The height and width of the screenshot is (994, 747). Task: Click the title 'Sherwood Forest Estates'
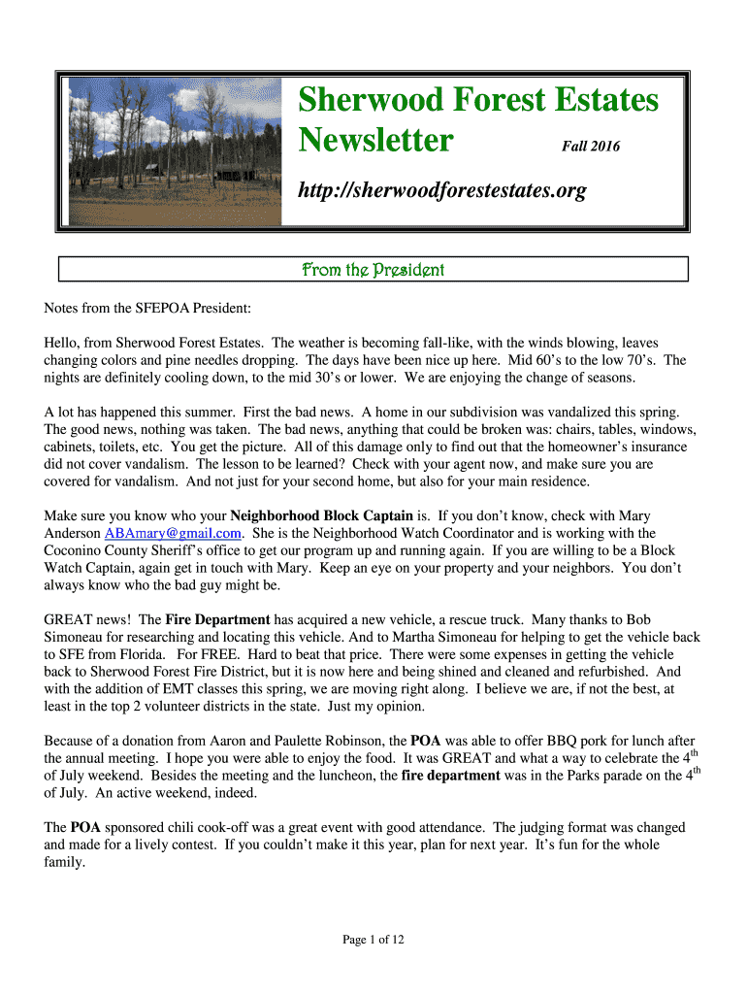tap(477, 100)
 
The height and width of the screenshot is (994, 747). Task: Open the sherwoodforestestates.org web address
tap(440, 190)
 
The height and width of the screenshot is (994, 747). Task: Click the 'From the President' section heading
tap(373, 269)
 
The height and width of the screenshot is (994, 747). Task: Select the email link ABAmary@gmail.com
tap(173, 533)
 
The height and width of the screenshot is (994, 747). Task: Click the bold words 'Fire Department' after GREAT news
tap(217, 619)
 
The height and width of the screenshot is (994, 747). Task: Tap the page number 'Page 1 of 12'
tap(373, 939)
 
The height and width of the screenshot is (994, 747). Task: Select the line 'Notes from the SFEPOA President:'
tap(147, 309)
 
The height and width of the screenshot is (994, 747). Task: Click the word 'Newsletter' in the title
tap(374, 142)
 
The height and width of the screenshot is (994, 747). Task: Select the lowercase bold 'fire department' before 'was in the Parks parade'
tap(450, 775)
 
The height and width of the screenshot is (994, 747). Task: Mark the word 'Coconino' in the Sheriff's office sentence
tap(72, 550)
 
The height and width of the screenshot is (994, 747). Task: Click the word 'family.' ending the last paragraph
tap(65, 861)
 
